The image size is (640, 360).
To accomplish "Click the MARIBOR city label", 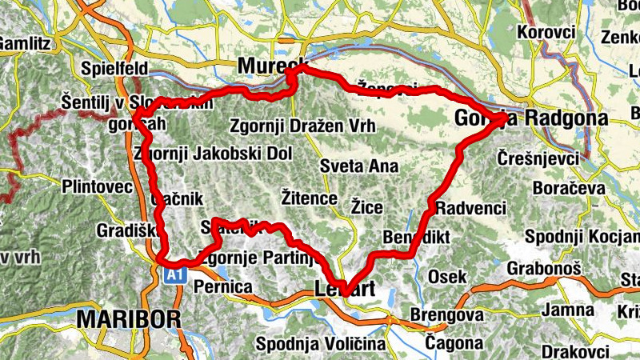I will tap(129, 319).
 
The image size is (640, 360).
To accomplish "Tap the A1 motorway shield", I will tap(176, 275).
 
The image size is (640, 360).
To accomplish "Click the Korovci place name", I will tap(546, 32).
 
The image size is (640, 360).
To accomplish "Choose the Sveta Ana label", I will tap(358, 166).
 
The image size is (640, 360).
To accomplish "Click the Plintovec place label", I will tap(97, 187).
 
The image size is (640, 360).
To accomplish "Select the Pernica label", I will tap(223, 286).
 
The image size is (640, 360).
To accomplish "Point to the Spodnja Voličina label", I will tap(320, 344).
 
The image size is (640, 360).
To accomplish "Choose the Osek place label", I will tap(447, 276).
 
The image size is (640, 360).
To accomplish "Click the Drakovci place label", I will tap(570, 351).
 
